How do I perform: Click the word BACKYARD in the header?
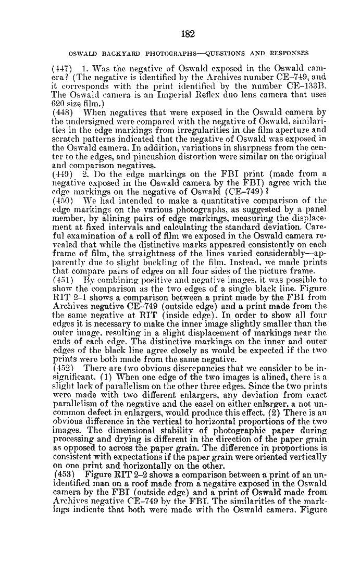pos(115,53)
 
